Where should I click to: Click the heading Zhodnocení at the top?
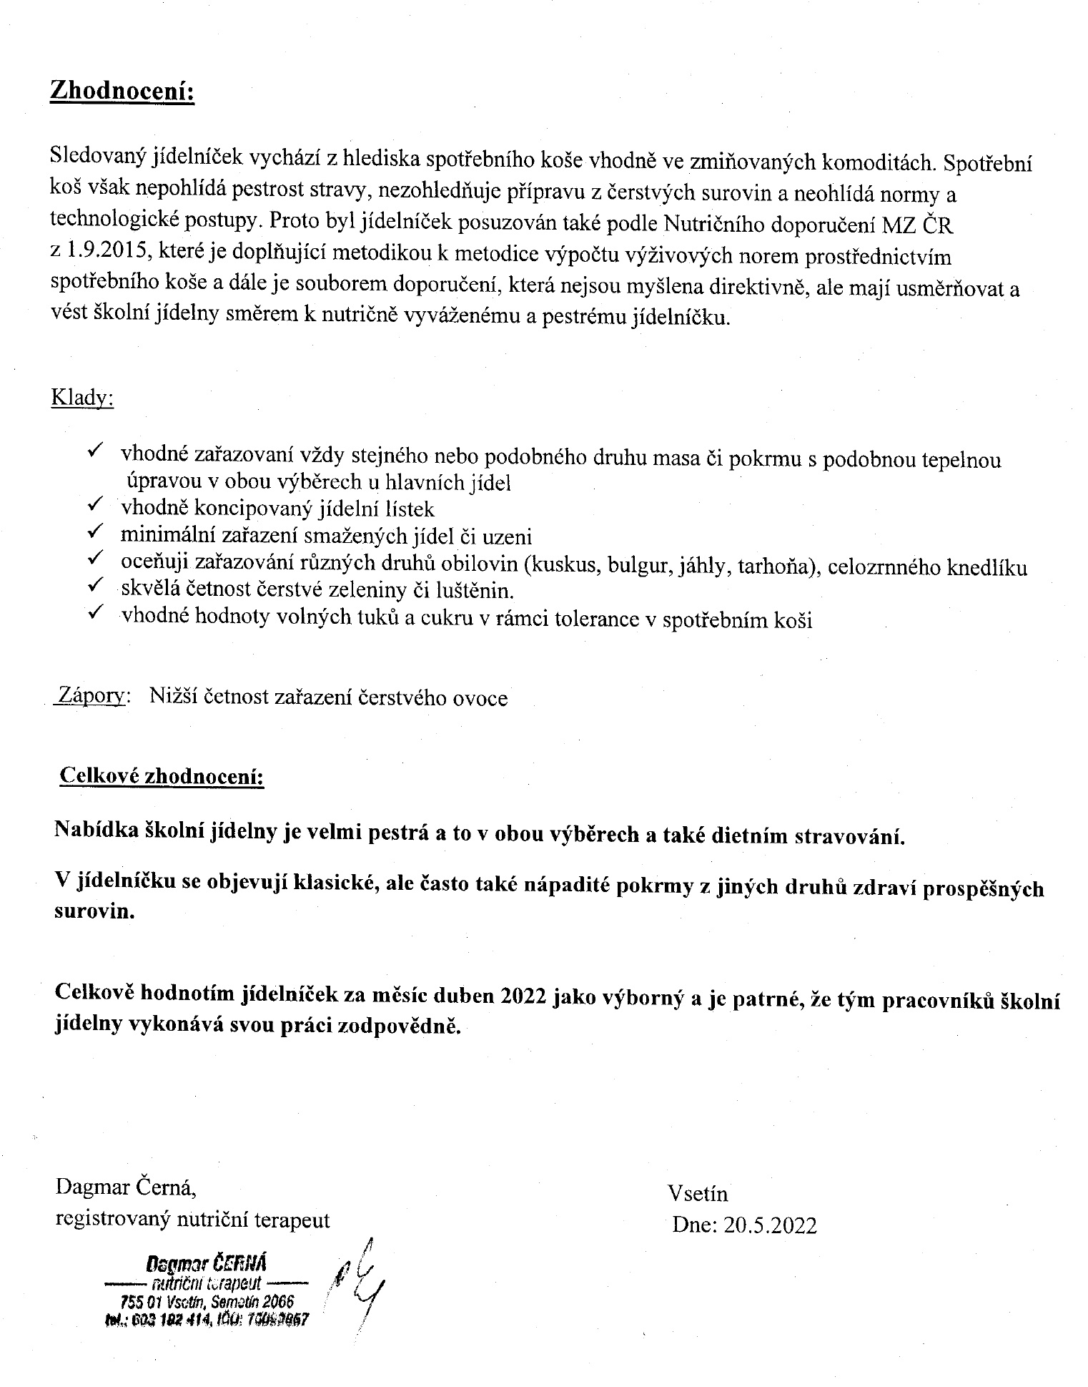click(122, 93)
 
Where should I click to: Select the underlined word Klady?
click(82, 398)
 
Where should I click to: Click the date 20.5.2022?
click(769, 1225)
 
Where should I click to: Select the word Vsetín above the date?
click(698, 1192)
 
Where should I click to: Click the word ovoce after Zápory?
click(480, 697)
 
